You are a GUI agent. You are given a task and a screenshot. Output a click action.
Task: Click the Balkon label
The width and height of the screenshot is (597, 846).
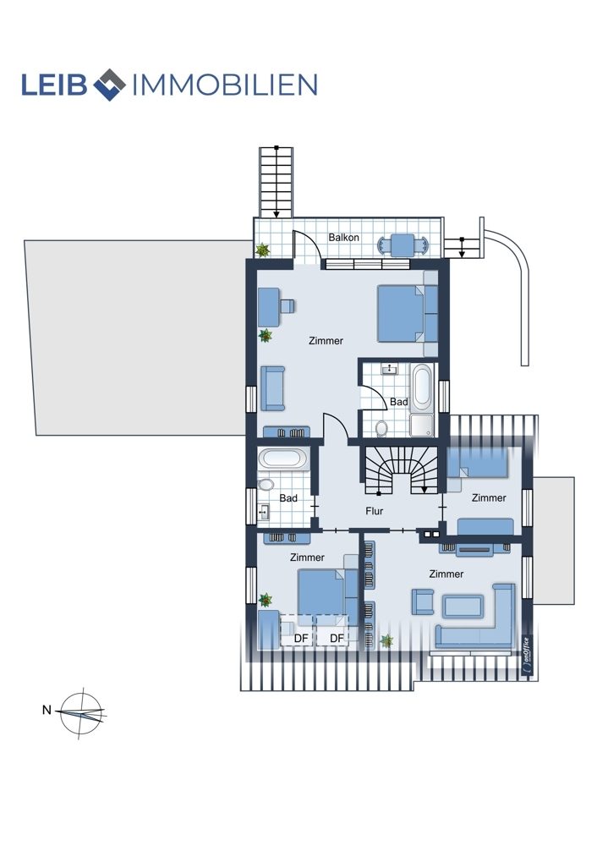pyautogui.click(x=343, y=238)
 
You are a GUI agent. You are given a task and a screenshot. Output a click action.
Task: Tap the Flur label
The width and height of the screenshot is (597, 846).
pyautogui.click(x=375, y=510)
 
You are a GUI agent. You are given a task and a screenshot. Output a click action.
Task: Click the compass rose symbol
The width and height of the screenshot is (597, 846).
pyautogui.click(x=81, y=713)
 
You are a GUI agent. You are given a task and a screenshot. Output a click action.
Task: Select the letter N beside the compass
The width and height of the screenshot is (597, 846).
pyautogui.click(x=47, y=710)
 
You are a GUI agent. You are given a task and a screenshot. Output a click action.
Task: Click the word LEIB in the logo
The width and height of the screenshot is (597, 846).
pyautogui.click(x=54, y=85)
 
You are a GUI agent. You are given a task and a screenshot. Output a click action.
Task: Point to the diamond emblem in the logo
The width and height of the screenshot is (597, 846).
pyautogui.click(x=109, y=85)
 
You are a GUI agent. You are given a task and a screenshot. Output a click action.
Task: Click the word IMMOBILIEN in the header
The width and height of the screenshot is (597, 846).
pyautogui.click(x=224, y=85)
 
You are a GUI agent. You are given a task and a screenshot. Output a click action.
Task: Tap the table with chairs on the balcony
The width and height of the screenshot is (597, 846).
pyautogui.click(x=404, y=245)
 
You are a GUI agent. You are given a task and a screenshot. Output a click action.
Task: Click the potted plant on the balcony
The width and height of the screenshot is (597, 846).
pyautogui.click(x=263, y=250)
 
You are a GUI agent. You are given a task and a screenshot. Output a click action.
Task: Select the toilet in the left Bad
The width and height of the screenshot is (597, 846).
pyautogui.click(x=266, y=484)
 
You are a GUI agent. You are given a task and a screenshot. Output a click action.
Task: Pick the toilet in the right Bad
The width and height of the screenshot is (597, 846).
pyautogui.click(x=382, y=428)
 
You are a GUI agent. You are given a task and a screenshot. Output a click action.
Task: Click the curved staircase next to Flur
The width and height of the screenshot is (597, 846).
pyautogui.click(x=401, y=470)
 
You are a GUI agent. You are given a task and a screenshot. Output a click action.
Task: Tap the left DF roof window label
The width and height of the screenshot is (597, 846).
pyautogui.click(x=301, y=638)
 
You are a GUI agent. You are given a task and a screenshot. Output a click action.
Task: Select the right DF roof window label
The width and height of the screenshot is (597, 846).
pyautogui.click(x=337, y=638)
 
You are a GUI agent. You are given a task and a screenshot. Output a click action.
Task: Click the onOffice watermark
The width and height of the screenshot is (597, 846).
pyautogui.click(x=527, y=655)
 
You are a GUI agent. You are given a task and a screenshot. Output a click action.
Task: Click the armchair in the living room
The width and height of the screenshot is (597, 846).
pyautogui.click(x=423, y=602)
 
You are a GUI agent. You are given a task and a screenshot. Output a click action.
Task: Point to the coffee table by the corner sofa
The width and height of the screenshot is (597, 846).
pyautogui.click(x=463, y=607)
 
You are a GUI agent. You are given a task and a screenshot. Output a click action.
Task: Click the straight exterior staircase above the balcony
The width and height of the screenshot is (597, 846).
pyautogui.click(x=277, y=183)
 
